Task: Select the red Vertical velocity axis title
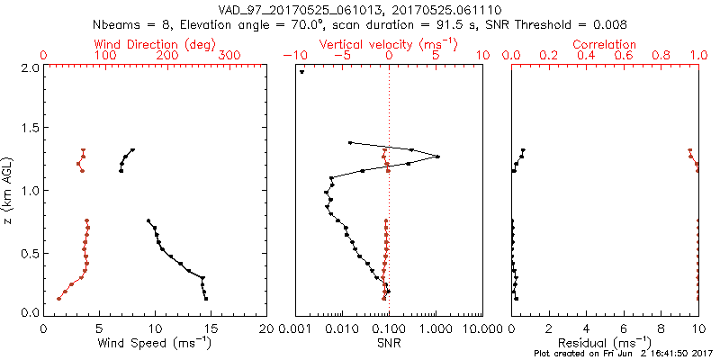click(389, 44)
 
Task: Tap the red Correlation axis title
click(605, 44)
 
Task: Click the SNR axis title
click(389, 343)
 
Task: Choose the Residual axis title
click(605, 343)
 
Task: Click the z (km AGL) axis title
click(10, 190)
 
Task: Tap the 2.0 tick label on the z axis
click(27, 67)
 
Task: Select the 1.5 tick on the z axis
click(27, 129)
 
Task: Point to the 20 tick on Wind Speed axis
click(266, 328)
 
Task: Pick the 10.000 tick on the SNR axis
click(482, 328)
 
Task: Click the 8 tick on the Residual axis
click(661, 328)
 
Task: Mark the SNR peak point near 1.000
click(437, 157)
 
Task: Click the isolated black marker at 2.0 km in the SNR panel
click(302, 73)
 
